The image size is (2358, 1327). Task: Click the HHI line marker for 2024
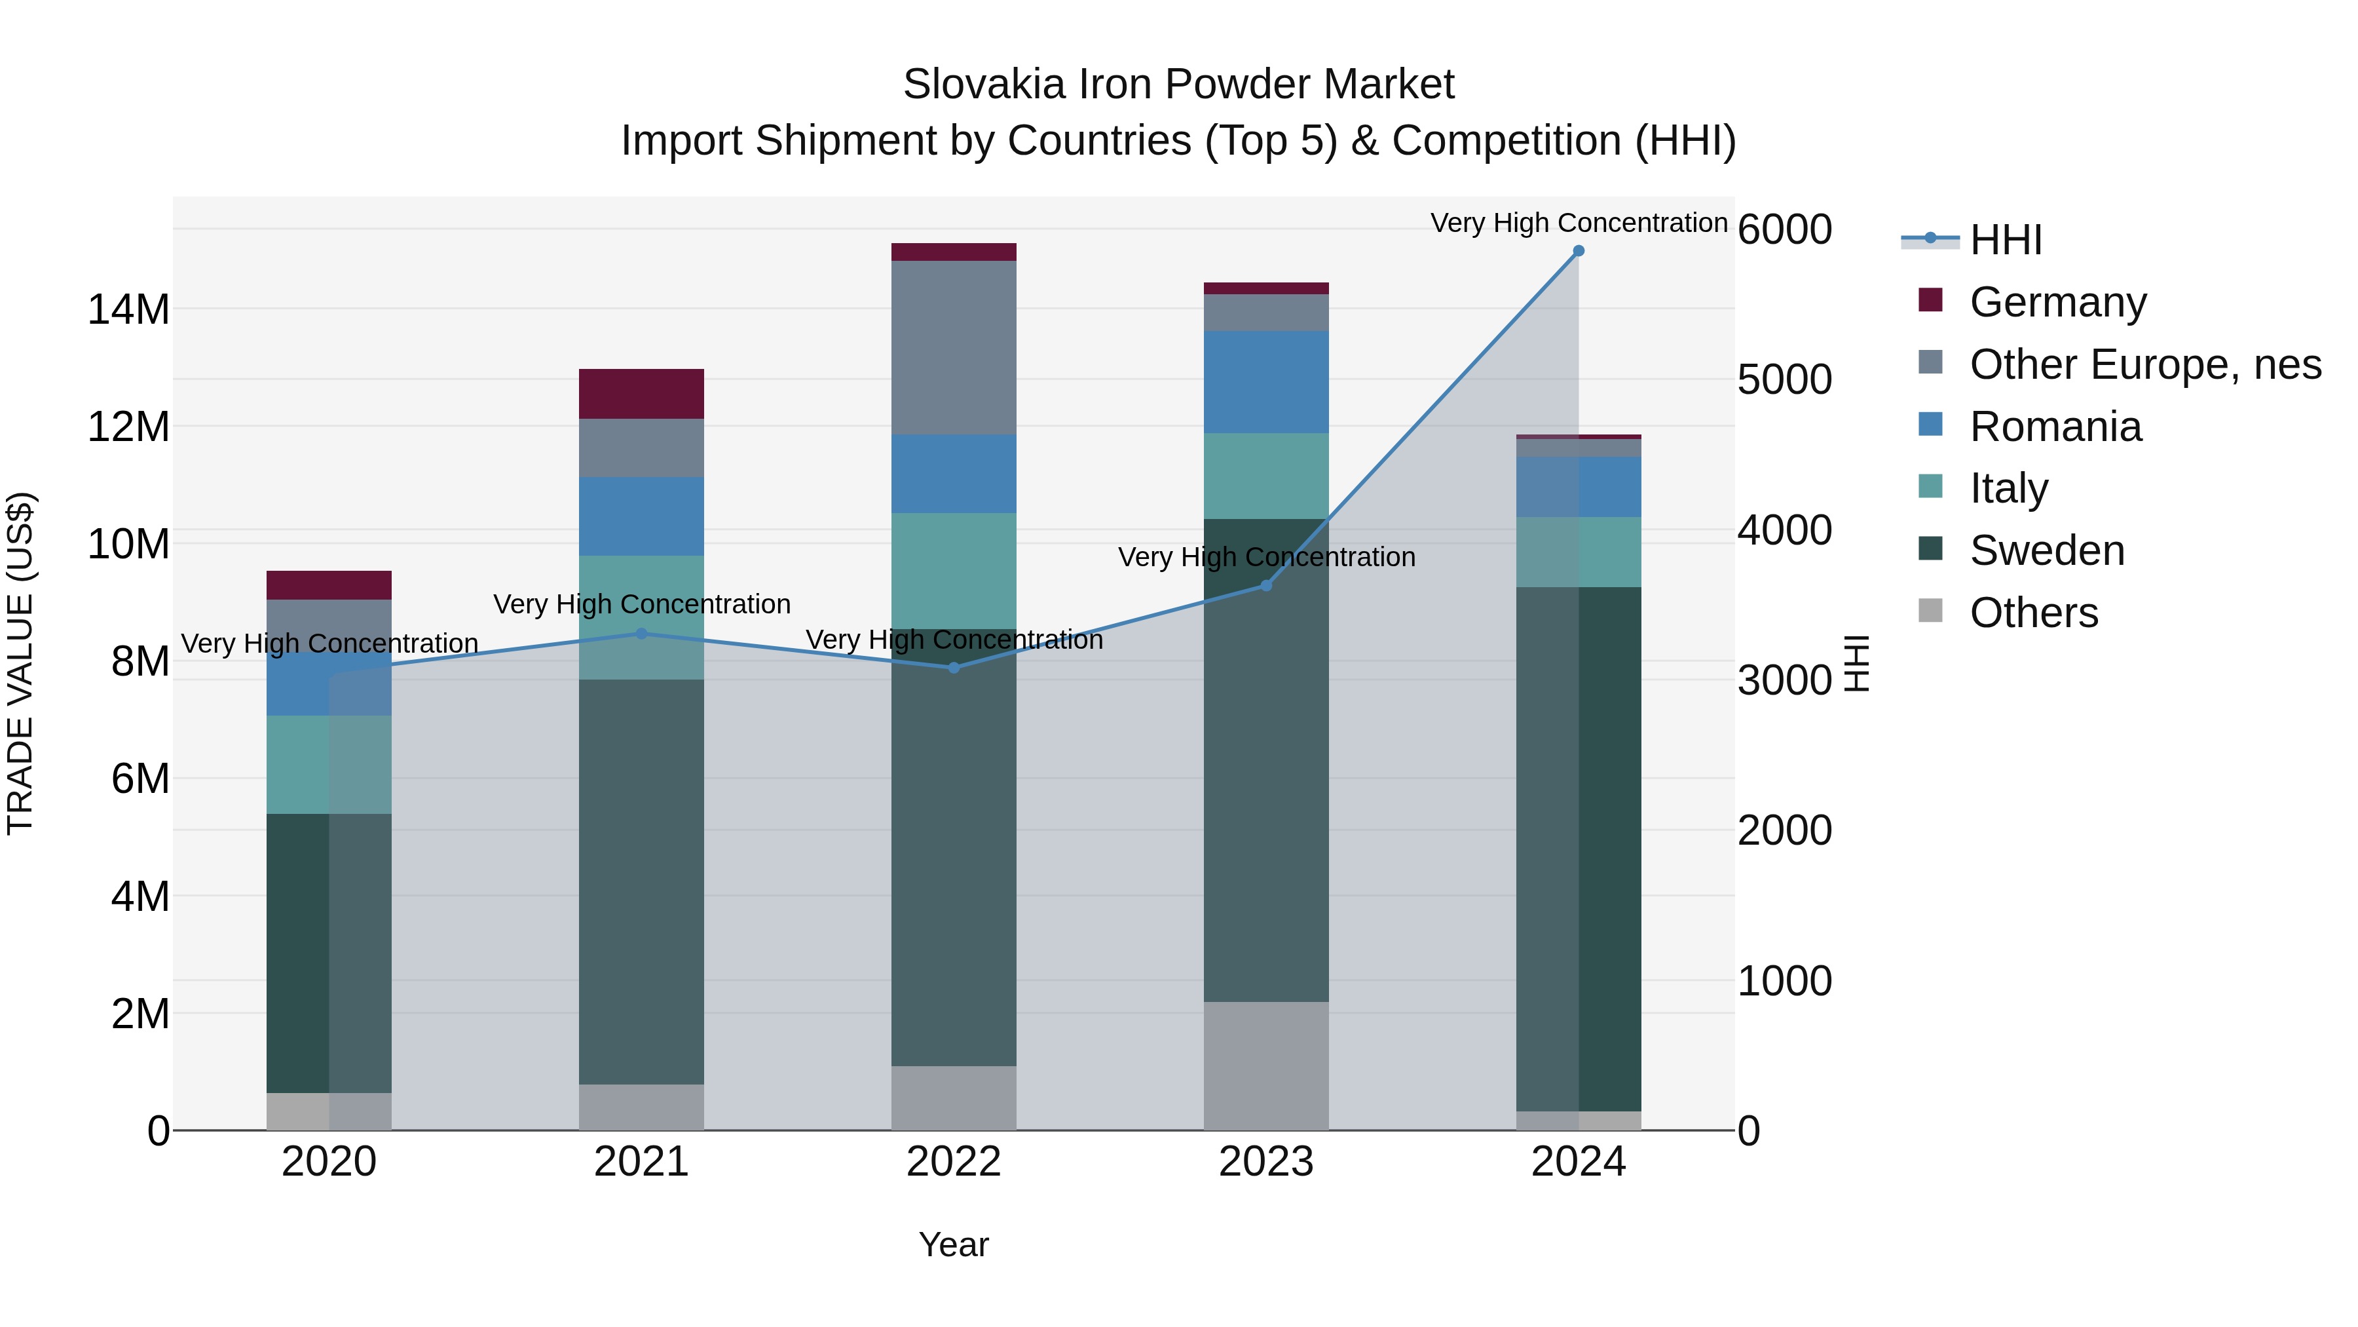1578,251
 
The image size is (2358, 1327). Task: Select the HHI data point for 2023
1266,586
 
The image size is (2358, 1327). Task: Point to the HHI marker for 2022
954,668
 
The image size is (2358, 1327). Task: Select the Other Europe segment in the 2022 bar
954,348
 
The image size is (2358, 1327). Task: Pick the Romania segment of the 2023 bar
1266,382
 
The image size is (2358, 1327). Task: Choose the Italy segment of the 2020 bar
329,765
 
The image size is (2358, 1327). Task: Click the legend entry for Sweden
2047,550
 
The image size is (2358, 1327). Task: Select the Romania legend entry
2055,427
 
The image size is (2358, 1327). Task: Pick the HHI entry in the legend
2005,240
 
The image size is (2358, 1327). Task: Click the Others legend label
2033,613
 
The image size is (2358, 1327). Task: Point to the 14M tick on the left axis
128,309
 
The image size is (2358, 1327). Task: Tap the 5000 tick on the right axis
1784,379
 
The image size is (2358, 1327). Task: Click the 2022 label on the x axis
954,1162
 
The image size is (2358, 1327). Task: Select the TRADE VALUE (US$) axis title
20,663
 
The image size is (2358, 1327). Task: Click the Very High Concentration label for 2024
1578,223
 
